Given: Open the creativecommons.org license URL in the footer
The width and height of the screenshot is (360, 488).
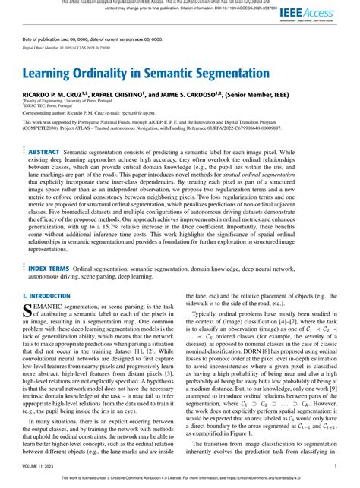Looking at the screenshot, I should pos(288,479).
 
